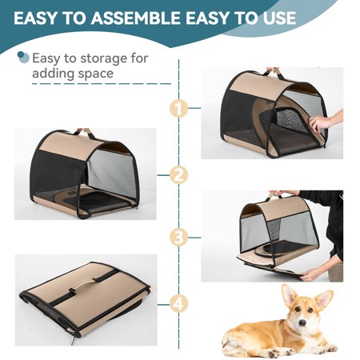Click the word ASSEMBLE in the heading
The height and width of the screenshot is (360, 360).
click(x=136, y=18)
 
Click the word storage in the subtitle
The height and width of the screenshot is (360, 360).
click(x=104, y=58)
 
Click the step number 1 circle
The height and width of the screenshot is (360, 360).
click(x=178, y=108)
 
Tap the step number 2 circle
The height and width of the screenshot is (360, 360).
click(x=178, y=175)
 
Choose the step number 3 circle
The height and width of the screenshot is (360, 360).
click(x=178, y=237)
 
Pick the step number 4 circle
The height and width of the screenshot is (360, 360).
click(x=178, y=304)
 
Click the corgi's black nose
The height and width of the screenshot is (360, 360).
click(x=302, y=323)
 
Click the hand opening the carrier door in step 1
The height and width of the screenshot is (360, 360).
click(x=324, y=122)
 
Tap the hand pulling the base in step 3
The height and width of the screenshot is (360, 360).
click(x=312, y=274)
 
